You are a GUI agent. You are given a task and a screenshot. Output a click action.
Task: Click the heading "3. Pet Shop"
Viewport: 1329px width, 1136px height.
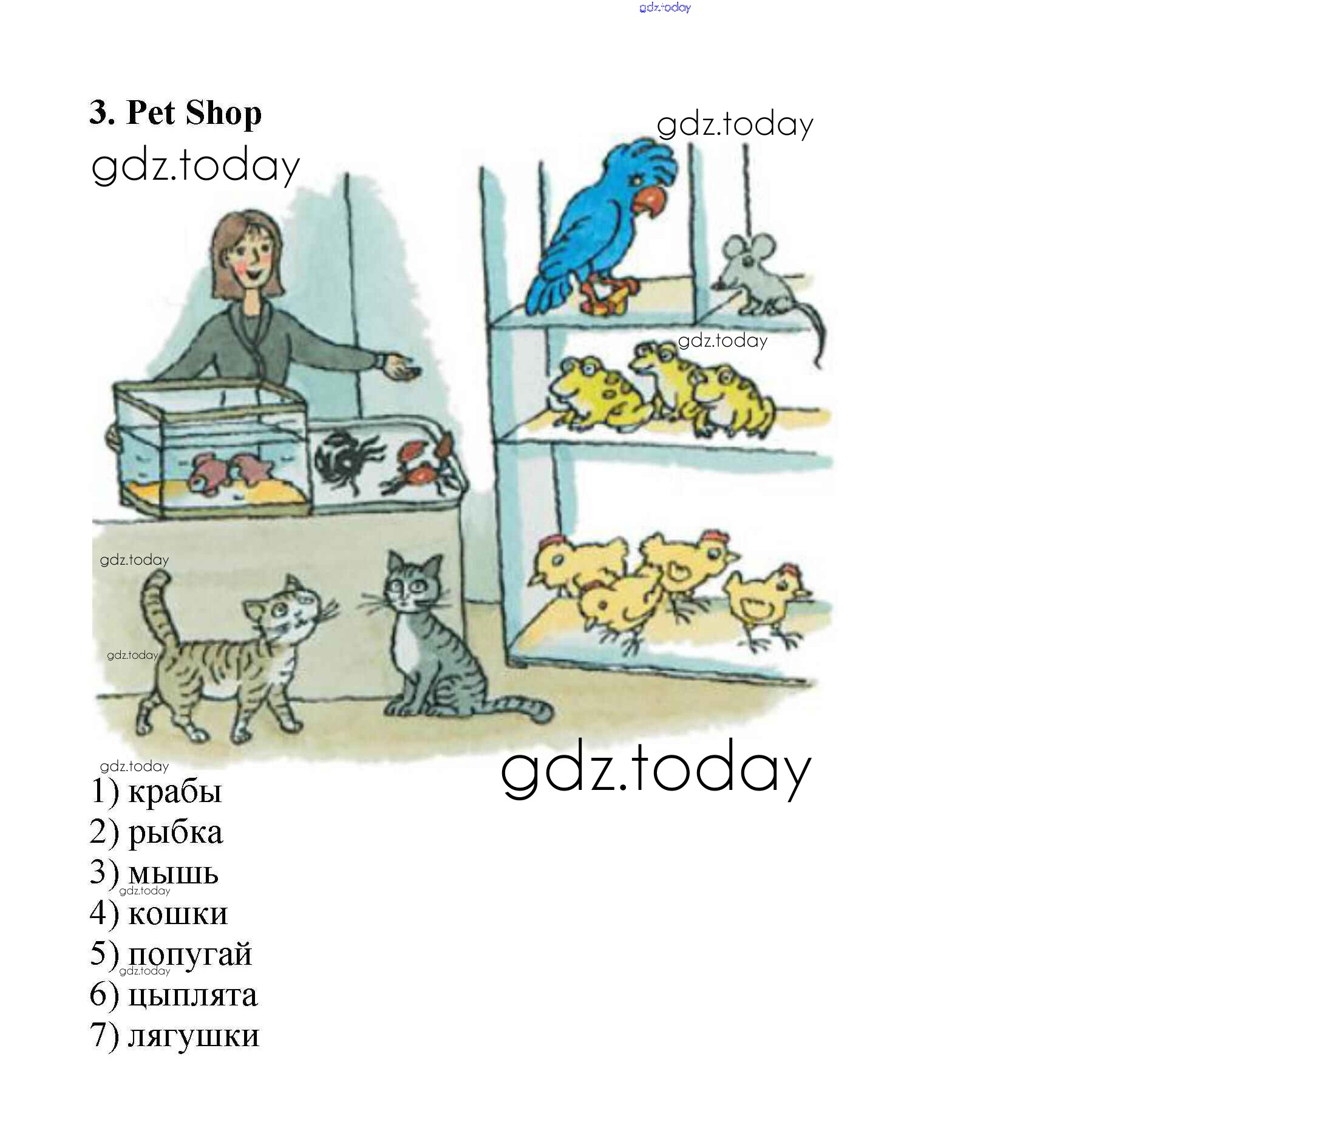pos(175,113)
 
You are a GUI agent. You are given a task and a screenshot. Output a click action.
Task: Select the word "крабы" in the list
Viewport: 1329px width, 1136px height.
pos(174,792)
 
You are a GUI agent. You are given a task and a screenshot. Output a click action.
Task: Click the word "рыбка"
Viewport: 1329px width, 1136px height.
pos(175,832)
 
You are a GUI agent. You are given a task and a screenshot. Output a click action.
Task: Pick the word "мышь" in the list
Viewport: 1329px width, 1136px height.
pos(173,873)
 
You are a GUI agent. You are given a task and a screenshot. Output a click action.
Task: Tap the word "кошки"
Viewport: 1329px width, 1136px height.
pos(178,913)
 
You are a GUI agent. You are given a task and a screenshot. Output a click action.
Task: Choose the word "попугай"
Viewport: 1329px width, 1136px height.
pos(190,954)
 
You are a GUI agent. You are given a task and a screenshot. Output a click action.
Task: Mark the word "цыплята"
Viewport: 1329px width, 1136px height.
pos(192,995)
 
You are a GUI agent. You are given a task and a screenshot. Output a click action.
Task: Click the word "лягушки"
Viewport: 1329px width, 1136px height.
pos(193,1035)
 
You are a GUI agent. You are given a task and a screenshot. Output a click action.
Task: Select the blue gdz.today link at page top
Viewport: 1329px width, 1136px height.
pos(665,8)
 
